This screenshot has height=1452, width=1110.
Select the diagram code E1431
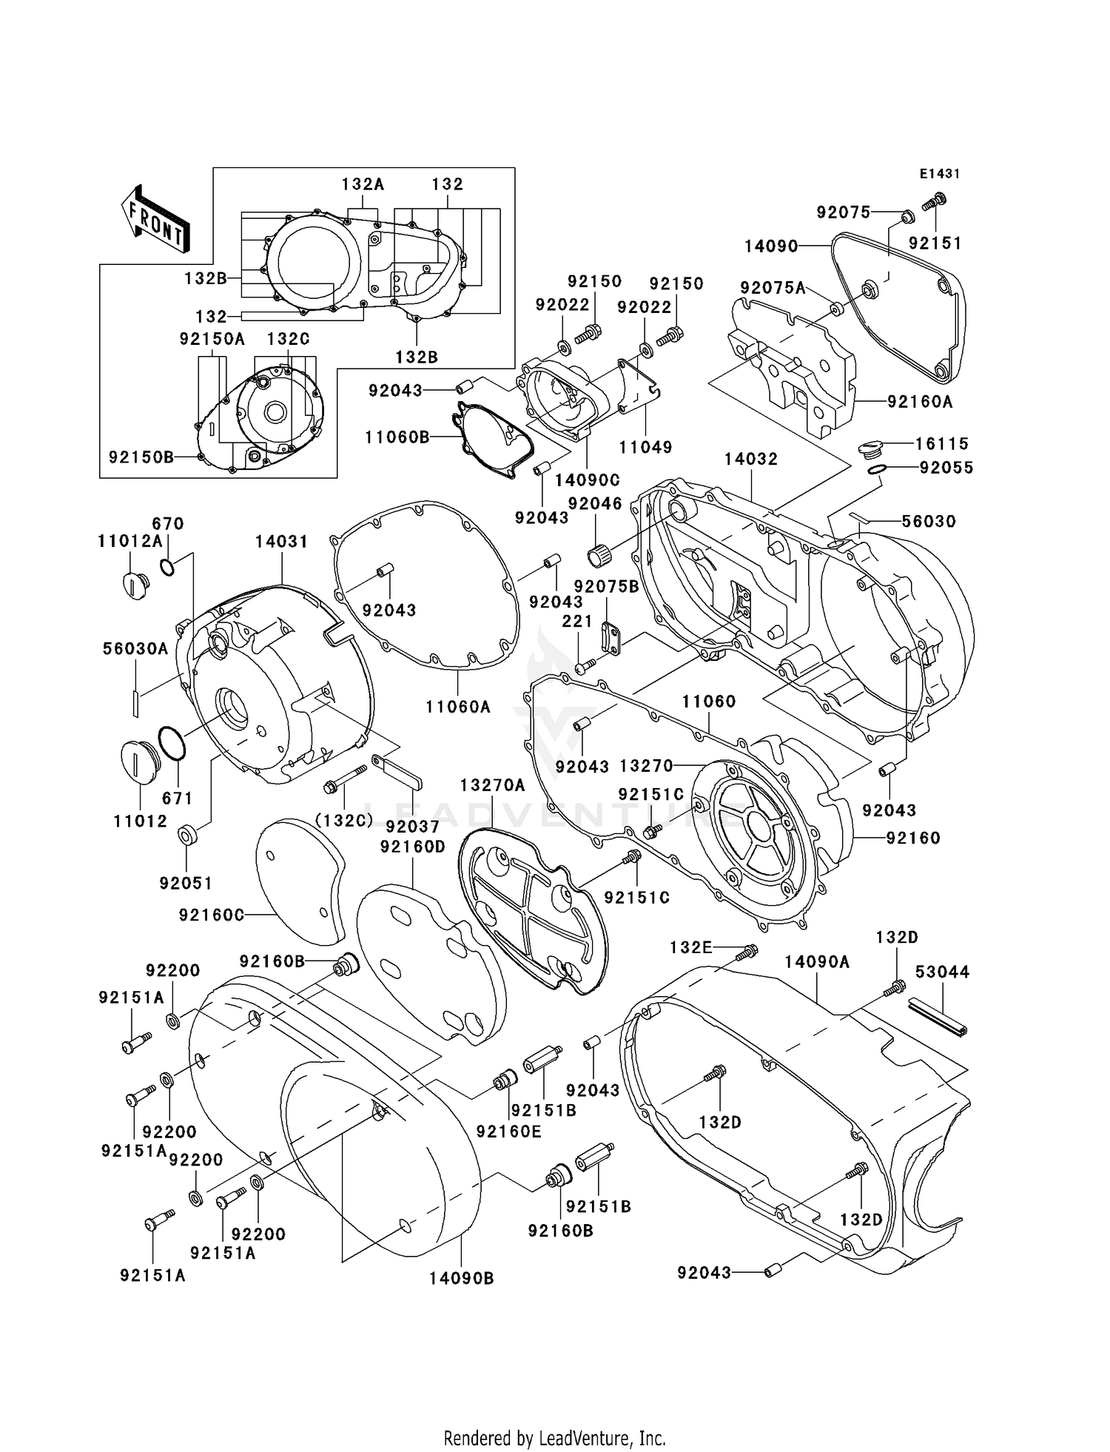pyautogui.click(x=940, y=174)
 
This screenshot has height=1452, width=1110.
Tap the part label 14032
pyautogui.click(x=750, y=459)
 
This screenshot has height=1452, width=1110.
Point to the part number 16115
pyautogui.click(x=942, y=443)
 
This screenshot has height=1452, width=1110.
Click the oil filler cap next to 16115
pyautogui.click(x=872, y=448)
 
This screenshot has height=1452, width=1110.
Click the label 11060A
pyautogui.click(x=458, y=707)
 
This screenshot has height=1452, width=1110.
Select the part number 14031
pyautogui.click(x=281, y=542)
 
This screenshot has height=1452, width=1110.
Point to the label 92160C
pyautogui.click(x=211, y=915)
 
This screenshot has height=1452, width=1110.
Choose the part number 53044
pyautogui.click(x=942, y=972)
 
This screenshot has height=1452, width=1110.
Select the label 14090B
pyautogui.click(x=461, y=1278)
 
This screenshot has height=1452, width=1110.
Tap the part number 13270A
pyautogui.click(x=492, y=785)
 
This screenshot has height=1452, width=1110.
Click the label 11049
pyautogui.click(x=645, y=447)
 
